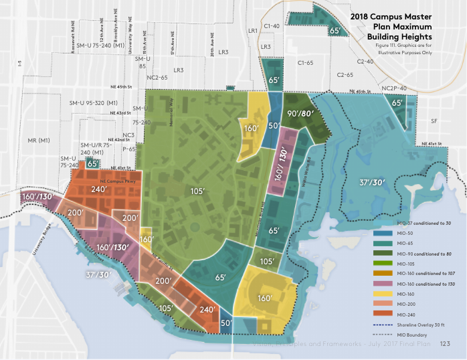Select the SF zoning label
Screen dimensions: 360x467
tap(434, 121)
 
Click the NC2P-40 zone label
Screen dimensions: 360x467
tap(394, 88)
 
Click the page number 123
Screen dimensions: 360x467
tap(445, 343)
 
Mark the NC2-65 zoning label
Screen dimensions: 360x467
tap(157, 78)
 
